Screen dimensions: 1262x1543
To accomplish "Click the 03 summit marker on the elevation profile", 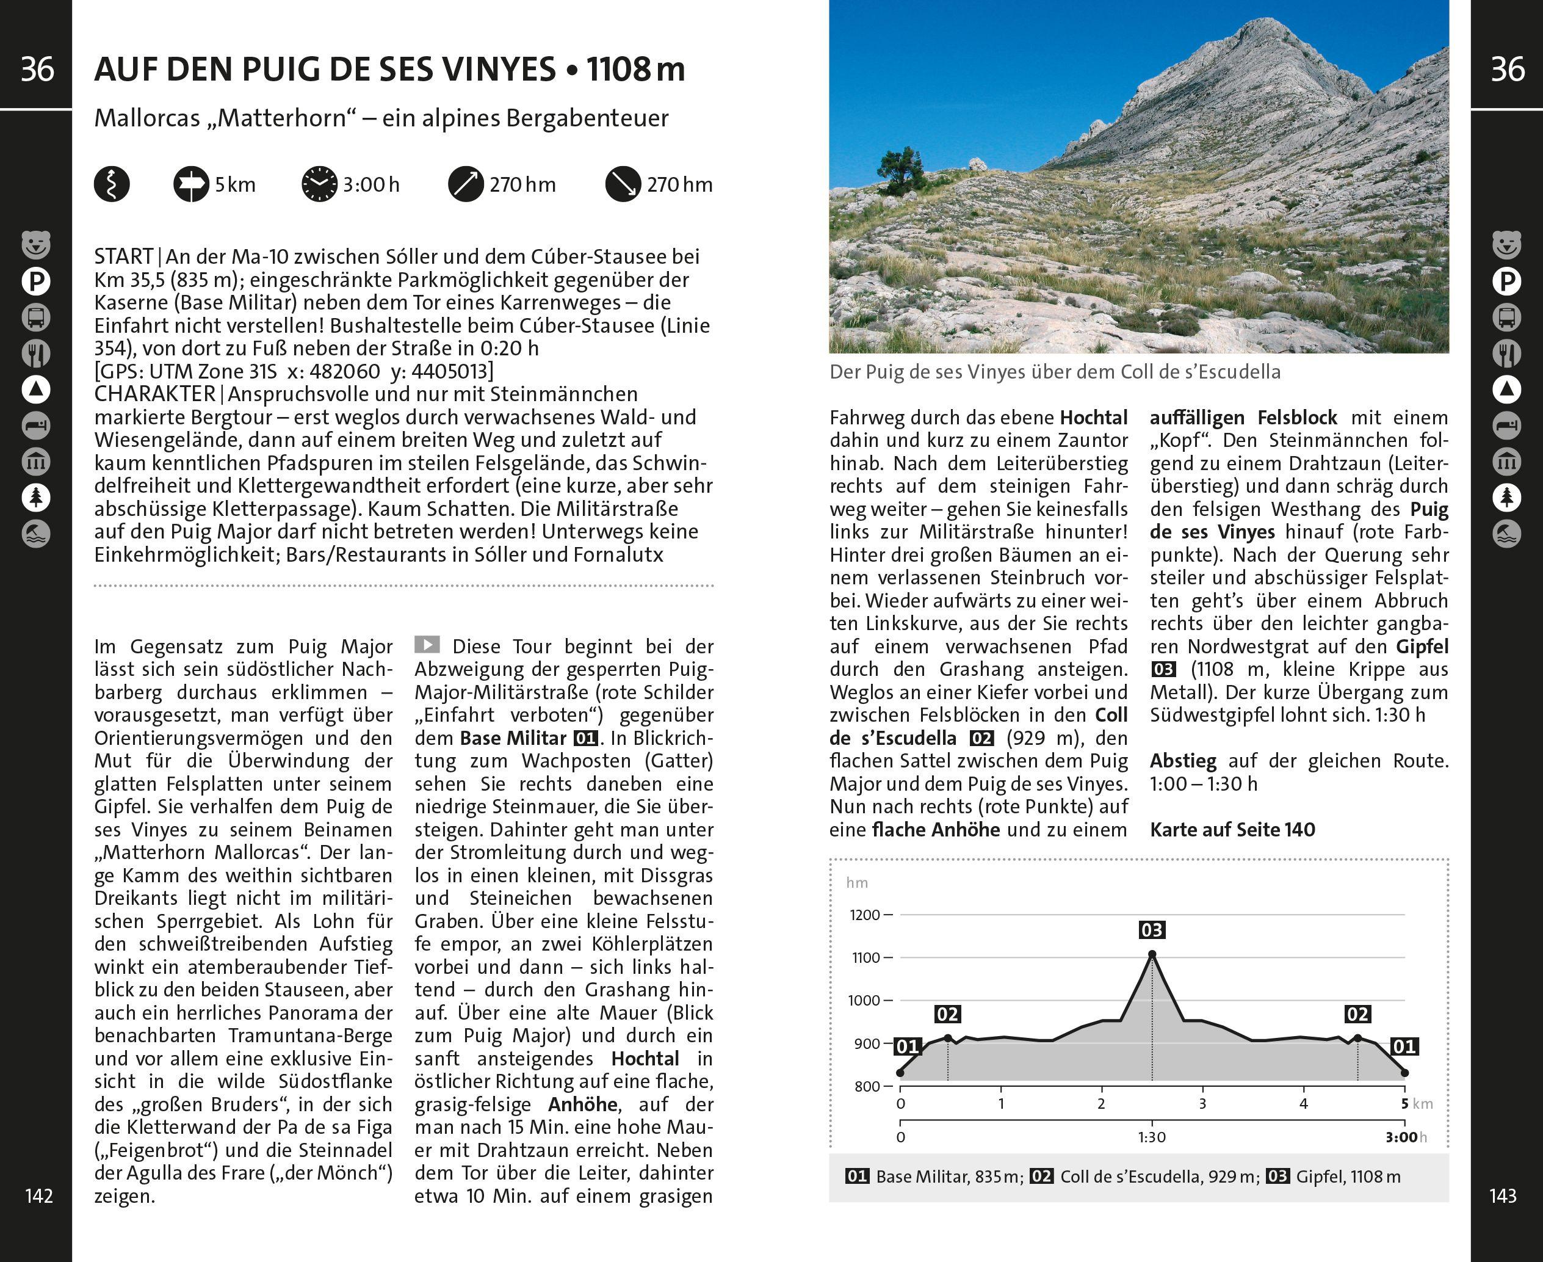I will coord(1151,930).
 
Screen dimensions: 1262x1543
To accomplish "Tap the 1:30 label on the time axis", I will coord(1151,1137).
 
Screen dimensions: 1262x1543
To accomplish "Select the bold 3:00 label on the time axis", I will coord(1401,1137).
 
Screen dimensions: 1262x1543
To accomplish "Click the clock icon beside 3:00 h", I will coord(319,184).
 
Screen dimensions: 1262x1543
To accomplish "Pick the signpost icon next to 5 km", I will coord(190,184).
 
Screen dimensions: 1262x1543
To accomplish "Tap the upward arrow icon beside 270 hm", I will coord(466,184).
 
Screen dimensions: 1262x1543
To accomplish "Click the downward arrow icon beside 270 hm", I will coord(623,184).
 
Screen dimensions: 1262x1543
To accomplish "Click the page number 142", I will coord(38,1196).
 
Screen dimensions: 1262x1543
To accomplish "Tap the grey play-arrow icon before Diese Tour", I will coord(427,644).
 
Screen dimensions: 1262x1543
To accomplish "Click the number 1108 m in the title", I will coord(635,69).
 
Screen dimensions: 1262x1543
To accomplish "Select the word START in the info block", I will coord(123,256).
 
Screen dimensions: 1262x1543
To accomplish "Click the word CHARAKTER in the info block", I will coord(154,394).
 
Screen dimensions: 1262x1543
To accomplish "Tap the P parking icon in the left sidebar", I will coord(35,281).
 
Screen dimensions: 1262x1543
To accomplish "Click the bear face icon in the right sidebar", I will coord(1506,245).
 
